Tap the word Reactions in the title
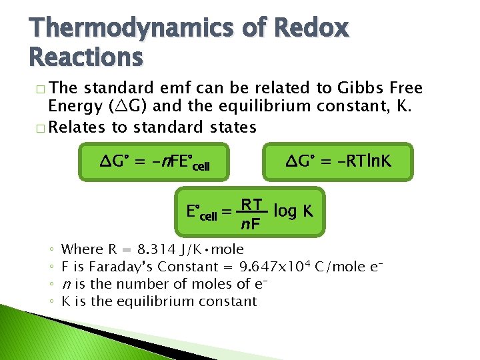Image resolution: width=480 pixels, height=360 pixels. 86,57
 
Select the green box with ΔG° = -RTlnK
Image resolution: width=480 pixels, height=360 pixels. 338,161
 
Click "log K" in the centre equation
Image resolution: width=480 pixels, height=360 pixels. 293,211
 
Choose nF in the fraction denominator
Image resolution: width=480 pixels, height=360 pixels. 251,225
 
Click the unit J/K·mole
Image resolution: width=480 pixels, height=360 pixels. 211,249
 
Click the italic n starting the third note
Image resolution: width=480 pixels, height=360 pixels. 65,285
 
